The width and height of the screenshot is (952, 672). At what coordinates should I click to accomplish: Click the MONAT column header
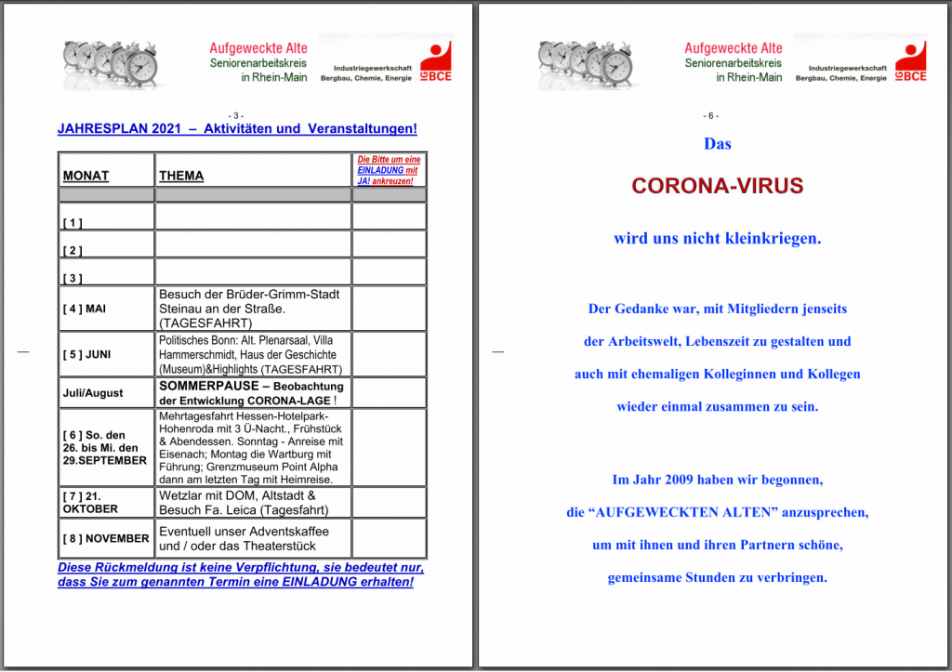coord(86,176)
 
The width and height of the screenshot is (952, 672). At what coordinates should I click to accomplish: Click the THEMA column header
coord(181,176)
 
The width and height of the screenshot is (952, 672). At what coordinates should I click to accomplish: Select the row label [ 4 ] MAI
coord(86,309)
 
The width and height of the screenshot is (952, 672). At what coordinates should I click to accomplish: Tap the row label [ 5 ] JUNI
coord(86,354)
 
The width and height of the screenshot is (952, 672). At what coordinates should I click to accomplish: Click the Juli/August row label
coord(93,393)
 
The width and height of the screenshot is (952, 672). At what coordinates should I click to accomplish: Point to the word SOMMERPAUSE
coord(206,385)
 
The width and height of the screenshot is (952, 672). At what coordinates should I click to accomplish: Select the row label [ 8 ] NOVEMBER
coord(106,538)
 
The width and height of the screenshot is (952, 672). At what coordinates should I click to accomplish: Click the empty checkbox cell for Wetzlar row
coord(389,502)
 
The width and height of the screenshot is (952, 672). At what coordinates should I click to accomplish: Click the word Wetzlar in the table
coord(180,495)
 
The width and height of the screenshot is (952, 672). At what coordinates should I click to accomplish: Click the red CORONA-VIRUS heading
coord(717,186)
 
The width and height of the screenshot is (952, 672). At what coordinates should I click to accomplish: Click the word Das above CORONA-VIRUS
coord(717,144)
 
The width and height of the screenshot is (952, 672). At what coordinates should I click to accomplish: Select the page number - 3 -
coord(236,115)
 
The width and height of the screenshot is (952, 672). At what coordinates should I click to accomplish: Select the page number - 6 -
coord(711,115)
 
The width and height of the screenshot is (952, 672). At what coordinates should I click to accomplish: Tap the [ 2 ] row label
coord(73,251)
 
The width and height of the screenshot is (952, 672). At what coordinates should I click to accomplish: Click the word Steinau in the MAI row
coord(181,309)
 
